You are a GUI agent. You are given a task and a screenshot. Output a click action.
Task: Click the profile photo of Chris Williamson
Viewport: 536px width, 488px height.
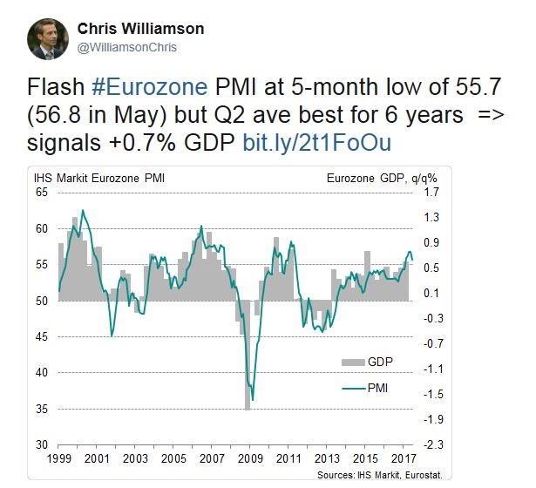click(x=47, y=39)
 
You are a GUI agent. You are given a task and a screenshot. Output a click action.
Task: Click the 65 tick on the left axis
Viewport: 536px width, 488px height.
click(x=41, y=192)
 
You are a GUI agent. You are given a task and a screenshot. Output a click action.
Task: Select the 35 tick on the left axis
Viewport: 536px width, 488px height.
click(x=41, y=409)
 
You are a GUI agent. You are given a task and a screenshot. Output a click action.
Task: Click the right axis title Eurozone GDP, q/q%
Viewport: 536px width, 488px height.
click(x=382, y=179)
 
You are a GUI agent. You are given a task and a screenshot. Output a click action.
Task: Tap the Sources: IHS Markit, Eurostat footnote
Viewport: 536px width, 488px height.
click(x=416, y=475)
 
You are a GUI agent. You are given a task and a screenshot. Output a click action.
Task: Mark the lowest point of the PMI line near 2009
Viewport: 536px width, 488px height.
click(x=252, y=400)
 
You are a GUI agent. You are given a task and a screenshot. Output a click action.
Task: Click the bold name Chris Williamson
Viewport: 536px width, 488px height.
click(x=141, y=29)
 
